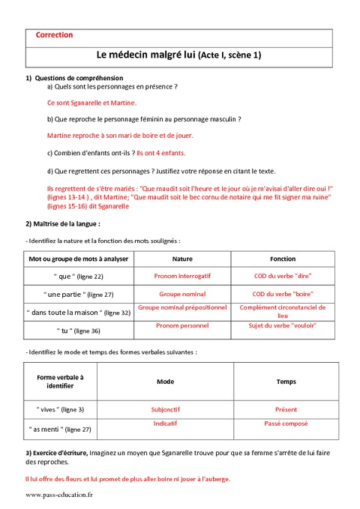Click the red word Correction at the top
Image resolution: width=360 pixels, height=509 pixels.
tap(55, 34)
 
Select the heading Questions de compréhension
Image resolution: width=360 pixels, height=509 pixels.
tap(79, 78)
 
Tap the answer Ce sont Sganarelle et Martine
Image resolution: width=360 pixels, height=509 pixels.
tap(91, 103)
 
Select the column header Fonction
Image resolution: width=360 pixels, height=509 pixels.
tap(283, 258)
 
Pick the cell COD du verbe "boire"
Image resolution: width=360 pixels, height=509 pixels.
tap(283, 294)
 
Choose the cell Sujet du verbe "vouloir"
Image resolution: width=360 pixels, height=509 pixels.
tap(283, 326)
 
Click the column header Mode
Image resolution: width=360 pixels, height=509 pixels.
tap(166, 382)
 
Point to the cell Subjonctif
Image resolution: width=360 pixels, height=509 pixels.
tap(166, 409)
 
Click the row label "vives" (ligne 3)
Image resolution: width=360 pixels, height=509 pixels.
tap(61, 409)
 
